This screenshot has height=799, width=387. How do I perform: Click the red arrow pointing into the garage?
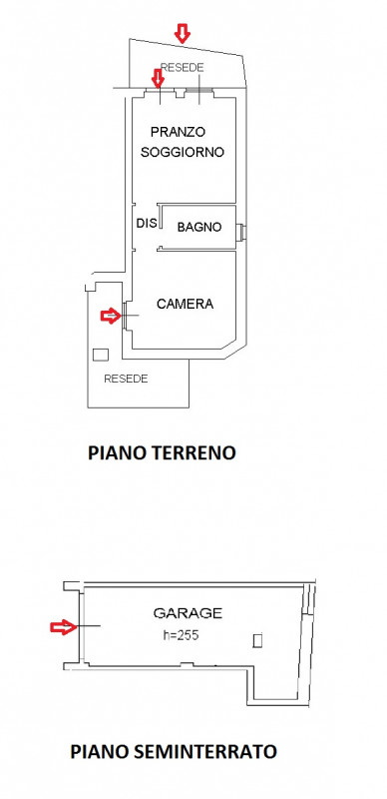click(x=62, y=627)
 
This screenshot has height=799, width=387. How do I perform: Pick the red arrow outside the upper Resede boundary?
click(x=182, y=34)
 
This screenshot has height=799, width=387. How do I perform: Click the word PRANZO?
click(x=178, y=132)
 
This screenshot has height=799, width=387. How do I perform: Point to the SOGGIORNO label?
click(x=182, y=153)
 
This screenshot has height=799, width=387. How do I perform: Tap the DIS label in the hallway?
click(x=146, y=224)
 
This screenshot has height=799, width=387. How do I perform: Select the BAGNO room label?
click(x=199, y=228)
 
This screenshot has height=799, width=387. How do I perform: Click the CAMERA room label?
click(x=186, y=304)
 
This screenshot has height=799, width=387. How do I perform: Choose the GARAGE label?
click(x=188, y=612)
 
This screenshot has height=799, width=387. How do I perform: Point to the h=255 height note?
click(x=181, y=634)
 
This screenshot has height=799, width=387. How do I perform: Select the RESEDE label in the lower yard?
click(x=127, y=380)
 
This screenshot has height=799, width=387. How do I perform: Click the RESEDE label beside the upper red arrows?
click(x=182, y=67)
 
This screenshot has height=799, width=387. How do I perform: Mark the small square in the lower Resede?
click(x=100, y=355)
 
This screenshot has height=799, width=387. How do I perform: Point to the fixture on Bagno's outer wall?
click(x=242, y=233)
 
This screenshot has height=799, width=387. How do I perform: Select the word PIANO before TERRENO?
click(x=115, y=452)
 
